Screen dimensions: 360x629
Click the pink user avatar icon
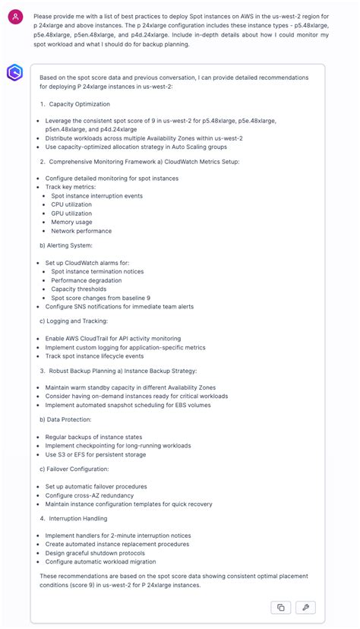click(x=15, y=16)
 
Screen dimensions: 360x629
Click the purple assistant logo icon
click(x=15, y=73)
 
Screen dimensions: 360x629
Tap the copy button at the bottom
click(x=280, y=607)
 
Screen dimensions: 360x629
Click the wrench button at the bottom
click(x=304, y=607)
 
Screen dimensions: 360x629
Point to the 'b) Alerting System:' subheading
click(x=66, y=245)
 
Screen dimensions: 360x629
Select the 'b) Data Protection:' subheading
click(x=66, y=419)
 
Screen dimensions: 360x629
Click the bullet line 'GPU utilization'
click(x=71, y=213)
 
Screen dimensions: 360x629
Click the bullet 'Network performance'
click(x=81, y=231)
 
